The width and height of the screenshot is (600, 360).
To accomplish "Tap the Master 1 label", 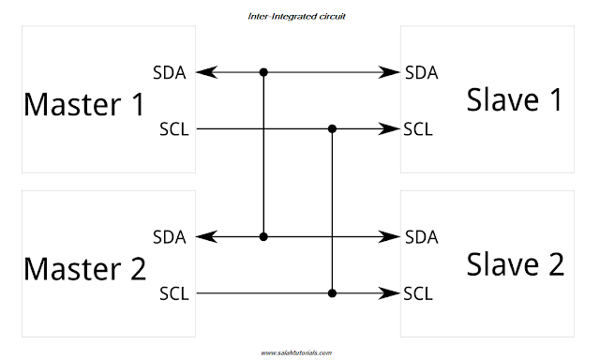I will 84,103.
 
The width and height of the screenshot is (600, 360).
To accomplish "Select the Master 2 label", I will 84,269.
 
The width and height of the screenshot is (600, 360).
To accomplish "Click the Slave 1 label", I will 515,100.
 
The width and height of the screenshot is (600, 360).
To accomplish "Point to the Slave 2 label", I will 515,266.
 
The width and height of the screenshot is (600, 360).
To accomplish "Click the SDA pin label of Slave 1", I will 422,72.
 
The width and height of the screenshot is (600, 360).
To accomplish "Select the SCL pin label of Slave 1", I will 418,128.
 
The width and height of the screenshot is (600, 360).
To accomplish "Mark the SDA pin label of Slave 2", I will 422,237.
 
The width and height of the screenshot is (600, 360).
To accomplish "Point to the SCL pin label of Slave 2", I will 418,293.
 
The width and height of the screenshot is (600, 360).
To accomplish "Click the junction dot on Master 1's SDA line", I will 264,72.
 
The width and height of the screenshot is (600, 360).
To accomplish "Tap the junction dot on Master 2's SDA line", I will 264,237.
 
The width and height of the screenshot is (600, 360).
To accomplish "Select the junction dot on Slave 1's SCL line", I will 332,128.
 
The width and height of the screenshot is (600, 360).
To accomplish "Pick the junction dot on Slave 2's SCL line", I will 332,293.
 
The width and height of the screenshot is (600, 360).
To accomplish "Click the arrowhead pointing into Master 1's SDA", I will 205,72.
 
